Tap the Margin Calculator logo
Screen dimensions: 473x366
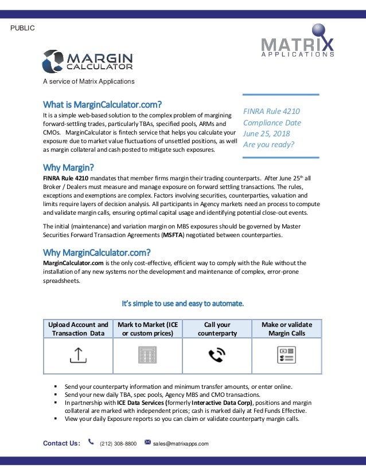[88, 61]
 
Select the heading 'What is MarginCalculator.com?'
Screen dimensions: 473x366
[103, 104]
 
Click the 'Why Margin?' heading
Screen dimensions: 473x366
[68, 167]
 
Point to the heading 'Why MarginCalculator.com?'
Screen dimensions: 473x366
[97, 252]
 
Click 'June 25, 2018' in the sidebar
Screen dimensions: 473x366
[266, 133]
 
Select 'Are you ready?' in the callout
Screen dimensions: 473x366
[268, 144]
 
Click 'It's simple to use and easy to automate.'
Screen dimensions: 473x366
[182, 303]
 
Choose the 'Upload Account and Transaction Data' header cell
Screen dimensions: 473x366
[78, 329]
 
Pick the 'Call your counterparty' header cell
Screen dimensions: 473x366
[217, 329]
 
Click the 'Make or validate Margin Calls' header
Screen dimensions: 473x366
[287, 329]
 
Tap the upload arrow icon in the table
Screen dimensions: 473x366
[78, 356]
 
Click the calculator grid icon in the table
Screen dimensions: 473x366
[147, 356]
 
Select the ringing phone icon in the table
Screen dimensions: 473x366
[217, 356]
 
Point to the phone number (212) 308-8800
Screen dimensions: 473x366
[118, 443]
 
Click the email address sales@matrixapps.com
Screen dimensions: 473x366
[181, 443]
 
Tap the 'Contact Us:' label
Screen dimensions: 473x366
[61, 443]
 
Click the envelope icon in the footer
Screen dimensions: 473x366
[147, 442]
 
